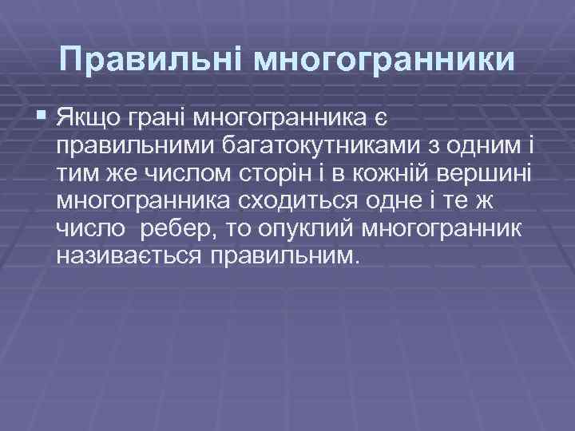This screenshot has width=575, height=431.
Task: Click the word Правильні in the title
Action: [x=150, y=60]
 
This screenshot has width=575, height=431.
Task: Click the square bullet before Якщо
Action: [x=42, y=120]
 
